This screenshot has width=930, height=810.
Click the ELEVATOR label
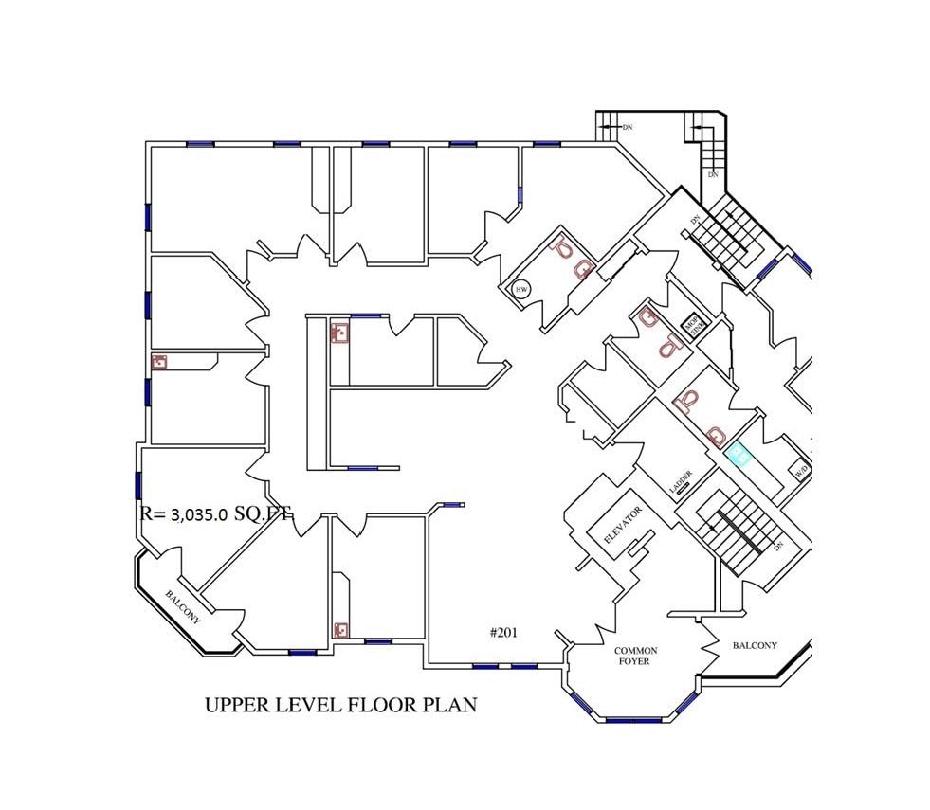point(624,525)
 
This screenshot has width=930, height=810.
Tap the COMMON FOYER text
point(635,657)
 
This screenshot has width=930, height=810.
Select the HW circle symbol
point(520,289)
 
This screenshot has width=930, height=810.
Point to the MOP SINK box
point(696,324)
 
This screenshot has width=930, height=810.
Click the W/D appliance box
point(801,469)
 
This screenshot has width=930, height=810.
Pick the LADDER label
point(681,480)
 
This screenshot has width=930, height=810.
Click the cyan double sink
point(739,457)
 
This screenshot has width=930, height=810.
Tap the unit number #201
point(503,633)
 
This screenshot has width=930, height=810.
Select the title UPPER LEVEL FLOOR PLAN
point(340,705)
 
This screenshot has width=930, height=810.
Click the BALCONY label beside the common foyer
point(755,646)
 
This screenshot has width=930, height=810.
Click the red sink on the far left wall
point(159,362)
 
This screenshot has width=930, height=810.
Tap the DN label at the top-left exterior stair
point(627,126)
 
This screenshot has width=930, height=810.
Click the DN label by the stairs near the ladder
point(777,547)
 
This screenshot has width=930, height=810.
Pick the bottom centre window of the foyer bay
point(635,720)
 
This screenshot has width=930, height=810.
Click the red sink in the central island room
point(339,333)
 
